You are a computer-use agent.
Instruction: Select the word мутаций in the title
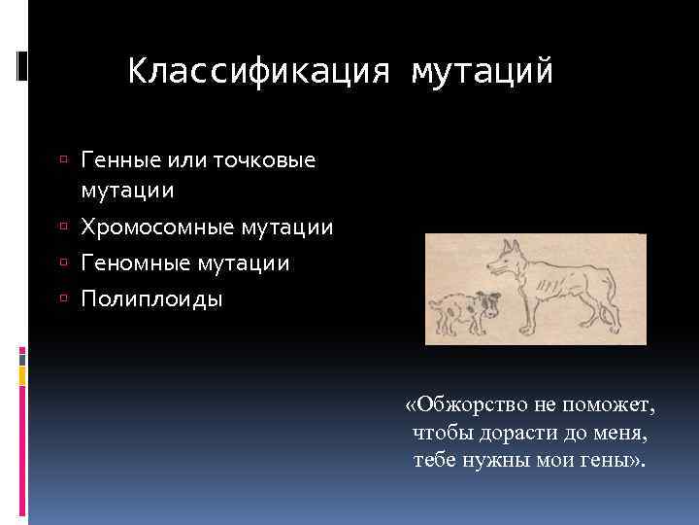[x=482, y=72]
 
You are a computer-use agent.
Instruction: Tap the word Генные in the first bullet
[x=114, y=158]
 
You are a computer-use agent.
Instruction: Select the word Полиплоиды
[x=151, y=298]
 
